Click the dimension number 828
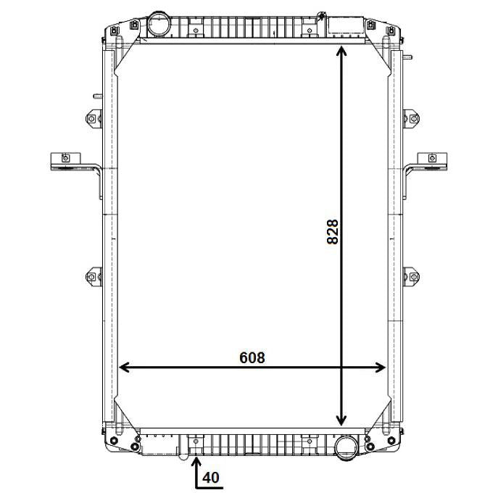pyautogui.click(x=333, y=232)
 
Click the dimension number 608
pyautogui.click(x=252, y=357)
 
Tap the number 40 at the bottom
pyautogui.click(x=210, y=478)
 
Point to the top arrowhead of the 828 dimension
pyautogui.click(x=341, y=51)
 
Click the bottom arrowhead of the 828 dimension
pyautogui.click(x=341, y=420)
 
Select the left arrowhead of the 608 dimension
pyautogui.click(x=125, y=368)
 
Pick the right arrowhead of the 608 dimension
pyautogui.click(x=380, y=368)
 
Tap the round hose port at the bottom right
pyautogui.click(x=346, y=448)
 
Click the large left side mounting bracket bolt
pyautogui.click(x=66, y=158)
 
